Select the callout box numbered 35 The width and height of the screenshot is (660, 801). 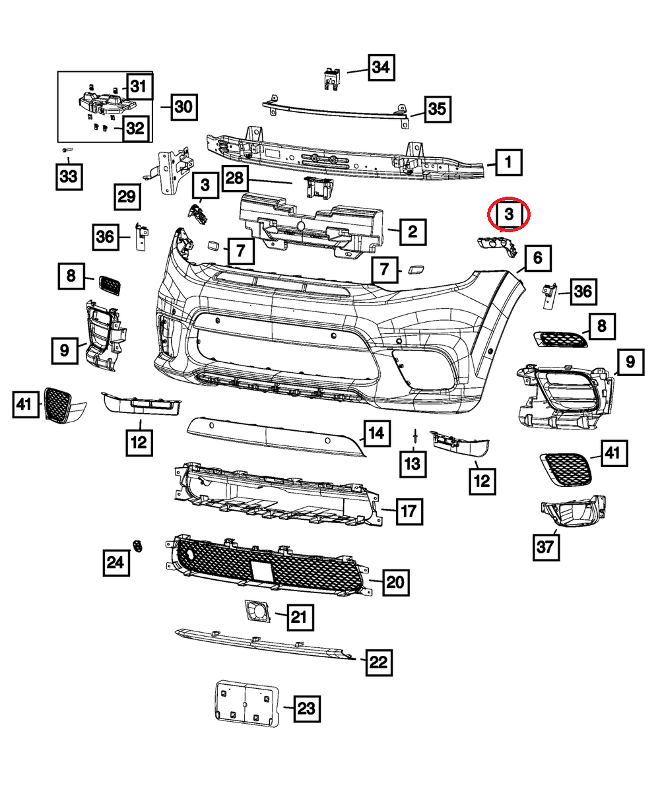[x=437, y=110]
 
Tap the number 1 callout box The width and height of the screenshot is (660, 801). [x=508, y=161]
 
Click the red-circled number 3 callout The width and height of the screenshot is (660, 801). [x=508, y=214]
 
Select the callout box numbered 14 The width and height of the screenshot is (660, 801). [x=376, y=433]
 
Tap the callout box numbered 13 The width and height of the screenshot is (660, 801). [x=412, y=465]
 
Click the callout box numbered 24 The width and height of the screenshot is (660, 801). [x=115, y=563]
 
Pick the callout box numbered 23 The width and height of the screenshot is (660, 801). [x=306, y=709]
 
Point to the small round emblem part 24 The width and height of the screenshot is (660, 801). [x=138, y=544]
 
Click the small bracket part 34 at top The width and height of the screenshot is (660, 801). [x=331, y=78]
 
